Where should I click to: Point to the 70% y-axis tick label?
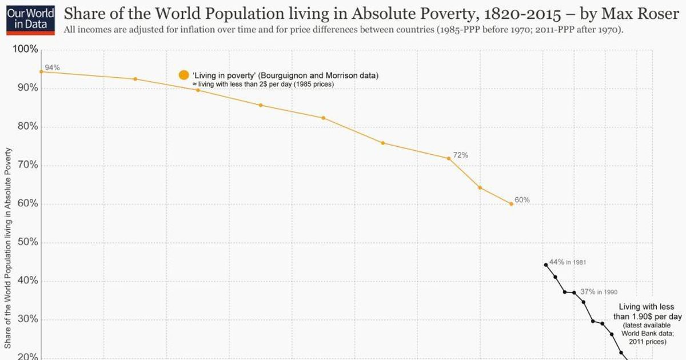click(25, 165)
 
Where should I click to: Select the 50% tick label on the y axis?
click(25, 242)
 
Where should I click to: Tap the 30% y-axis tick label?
click(25, 319)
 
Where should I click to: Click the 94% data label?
click(52, 67)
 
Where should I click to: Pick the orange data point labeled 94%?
click(41, 71)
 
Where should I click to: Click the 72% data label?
click(461, 155)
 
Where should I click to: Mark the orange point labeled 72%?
click(449, 158)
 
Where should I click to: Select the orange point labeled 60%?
click(511, 203)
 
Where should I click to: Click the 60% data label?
click(522, 200)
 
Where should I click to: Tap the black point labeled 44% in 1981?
click(546, 265)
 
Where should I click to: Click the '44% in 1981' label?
click(567, 262)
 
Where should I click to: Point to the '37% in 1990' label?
click(599, 291)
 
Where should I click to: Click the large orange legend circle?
click(184, 75)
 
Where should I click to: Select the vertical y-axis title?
click(9, 247)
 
